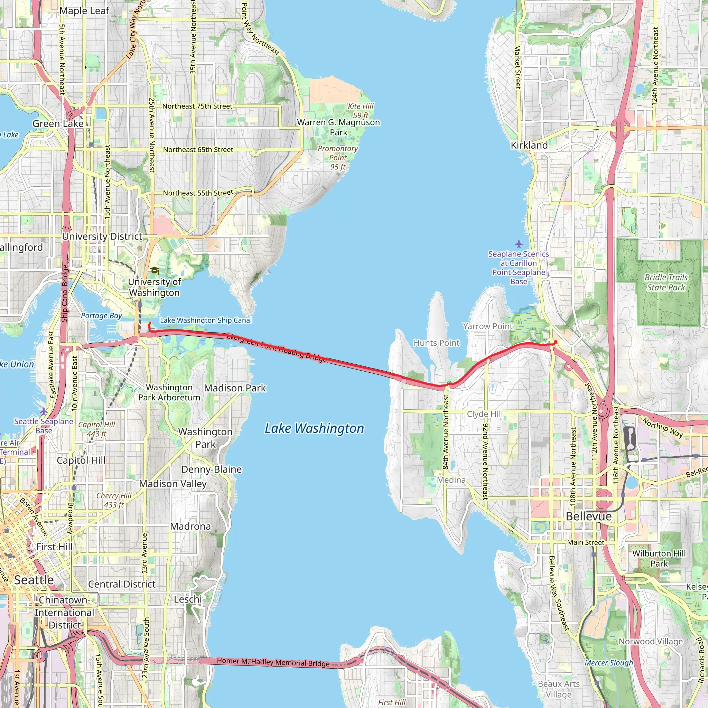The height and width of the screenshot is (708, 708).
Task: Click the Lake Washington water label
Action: pyautogui.click(x=315, y=428)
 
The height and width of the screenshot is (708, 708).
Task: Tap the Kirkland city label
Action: pyautogui.click(x=529, y=146)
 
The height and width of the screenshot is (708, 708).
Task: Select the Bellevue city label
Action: pyautogui.click(x=588, y=516)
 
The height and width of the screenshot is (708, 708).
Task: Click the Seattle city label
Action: pyautogui.click(x=34, y=580)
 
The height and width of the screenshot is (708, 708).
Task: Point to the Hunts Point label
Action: pyautogui.click(x=436, y=343)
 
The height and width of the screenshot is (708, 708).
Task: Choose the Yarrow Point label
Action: pyautogui.click(x=487, y=326)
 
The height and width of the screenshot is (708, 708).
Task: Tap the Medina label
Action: pyautogui.click(x=451, y=480)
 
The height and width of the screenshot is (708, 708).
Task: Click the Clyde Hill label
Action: pyautogui.click(x=484, y=414)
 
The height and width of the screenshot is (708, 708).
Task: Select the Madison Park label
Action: pyautogui.click(x=235, y=388)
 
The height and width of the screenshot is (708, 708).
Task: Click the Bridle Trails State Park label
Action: pyautogui.click(x=666, y=282)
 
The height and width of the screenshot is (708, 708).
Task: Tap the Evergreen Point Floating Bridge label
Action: pyautogui.click(x=276, y=347)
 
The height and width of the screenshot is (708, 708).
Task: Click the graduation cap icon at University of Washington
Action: pyautogui.click(x=155, y=271)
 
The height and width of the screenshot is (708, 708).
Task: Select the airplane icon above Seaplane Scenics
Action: pyautogui.click(x=519, y=244)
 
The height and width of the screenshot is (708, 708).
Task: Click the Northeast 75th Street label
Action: pyautogui.click(x=197, y=106)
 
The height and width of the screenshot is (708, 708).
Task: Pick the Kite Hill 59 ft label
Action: pyautogui.click(x=361, y=111)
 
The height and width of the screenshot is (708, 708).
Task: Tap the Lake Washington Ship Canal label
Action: pyautogui.click(x=206, y=320)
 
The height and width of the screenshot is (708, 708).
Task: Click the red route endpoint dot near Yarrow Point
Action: pyautogui.click(x=556, y=342)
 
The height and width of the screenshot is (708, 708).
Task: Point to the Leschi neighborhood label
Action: pyautogui.click(x=188, y=599)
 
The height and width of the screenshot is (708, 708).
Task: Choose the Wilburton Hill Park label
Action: pyautogui.click(x=659, y=559)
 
